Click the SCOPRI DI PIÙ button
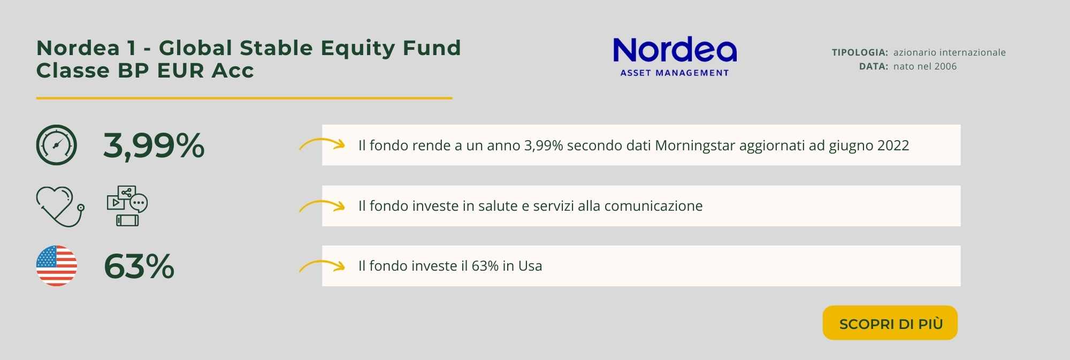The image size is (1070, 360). click(x=890, y=323)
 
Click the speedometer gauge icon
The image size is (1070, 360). click(x=56, y=145)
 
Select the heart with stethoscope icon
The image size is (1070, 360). click(x=60, y=206)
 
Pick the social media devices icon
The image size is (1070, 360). click(x=127, y=206)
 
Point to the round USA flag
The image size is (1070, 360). click(x=56, y=266)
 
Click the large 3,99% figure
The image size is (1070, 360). click(x=154, y=145)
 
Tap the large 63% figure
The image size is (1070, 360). click(x=139, y=266)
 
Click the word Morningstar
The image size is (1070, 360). click(x=695, y=145)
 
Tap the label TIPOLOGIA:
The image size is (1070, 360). click(x=860, y=52)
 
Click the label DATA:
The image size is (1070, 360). click(x=874, y=66)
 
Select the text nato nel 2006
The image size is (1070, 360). click(x=925, y=66)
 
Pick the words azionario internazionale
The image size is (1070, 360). click(x=950, y=52)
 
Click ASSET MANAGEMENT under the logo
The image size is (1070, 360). click(x=675, y=73)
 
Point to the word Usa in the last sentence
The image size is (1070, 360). click(x=530, y=266)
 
